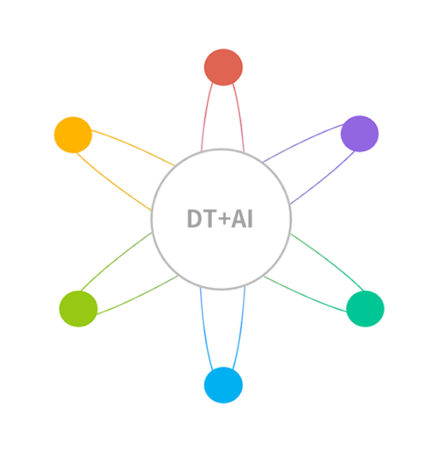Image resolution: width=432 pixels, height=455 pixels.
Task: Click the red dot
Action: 223,67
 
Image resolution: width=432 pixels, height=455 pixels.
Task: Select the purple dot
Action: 359,134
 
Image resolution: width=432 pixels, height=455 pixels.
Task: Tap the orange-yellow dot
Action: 73,134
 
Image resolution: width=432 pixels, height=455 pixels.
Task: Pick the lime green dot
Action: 78,309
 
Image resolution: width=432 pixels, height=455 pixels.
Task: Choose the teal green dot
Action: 366,309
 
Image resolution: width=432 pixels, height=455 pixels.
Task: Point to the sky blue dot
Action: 223,385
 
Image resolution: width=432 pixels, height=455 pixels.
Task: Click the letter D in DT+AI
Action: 195,218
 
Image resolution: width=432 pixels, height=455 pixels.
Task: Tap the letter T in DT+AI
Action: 210,218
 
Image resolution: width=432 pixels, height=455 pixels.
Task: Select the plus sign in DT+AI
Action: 224,218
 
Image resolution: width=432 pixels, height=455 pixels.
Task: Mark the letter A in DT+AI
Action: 238,218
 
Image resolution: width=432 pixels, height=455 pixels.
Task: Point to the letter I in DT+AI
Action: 250,218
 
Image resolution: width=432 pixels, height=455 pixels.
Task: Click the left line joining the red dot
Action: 205,116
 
